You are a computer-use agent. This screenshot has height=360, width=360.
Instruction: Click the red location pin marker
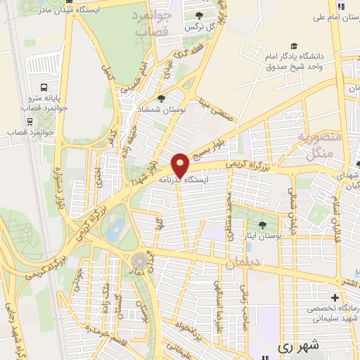coord(181,165)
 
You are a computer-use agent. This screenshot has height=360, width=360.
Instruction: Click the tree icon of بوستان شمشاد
coord(162,99)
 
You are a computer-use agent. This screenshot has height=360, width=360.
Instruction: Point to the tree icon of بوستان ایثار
coord(262,225)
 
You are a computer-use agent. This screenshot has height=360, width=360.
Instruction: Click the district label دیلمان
coord(243,262)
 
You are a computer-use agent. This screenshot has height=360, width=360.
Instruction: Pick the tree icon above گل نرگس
coord(200,15)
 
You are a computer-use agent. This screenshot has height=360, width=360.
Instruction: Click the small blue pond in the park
coord(117,226)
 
